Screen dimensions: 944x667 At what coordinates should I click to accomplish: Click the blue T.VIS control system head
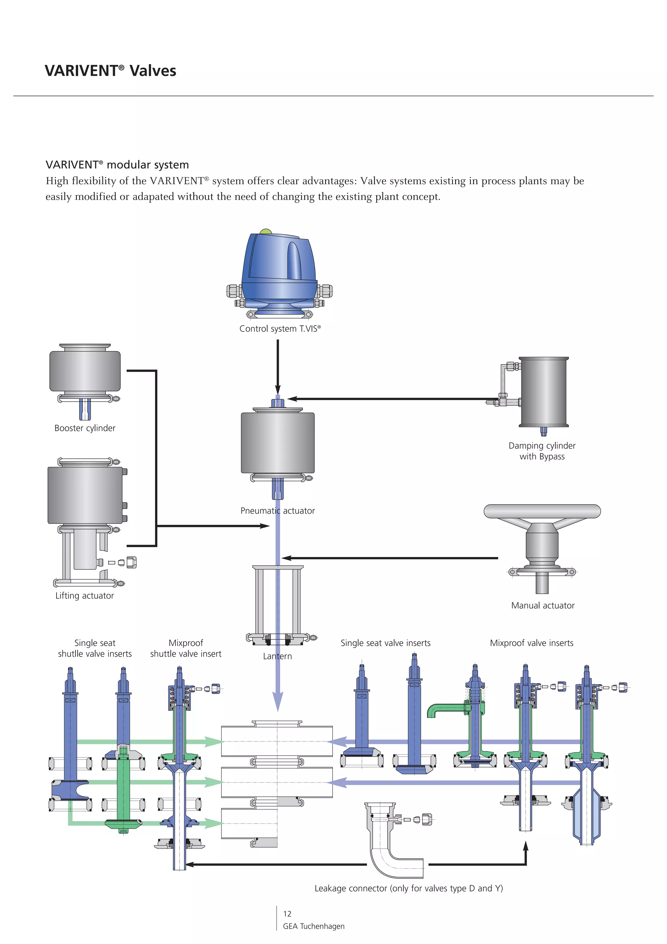tap(279, 267)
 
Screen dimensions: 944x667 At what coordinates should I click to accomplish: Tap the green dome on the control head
tap(265, 232)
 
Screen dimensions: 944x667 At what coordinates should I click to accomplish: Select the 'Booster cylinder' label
tap(85, 428)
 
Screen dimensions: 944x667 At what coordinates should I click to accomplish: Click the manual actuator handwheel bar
tap(542, 511)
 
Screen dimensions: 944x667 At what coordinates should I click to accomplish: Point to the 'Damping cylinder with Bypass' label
tap(542, 451)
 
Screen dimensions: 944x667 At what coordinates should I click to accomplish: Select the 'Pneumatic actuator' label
tap(277, 511)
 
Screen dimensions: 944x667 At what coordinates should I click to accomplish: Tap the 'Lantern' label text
tap(277, 656)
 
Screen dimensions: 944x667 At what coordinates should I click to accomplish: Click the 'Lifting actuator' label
tap(84, 596)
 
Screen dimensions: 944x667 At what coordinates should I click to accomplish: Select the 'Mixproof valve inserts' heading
tap(532, 643)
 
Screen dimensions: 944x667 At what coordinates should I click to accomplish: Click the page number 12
tap(287, 914)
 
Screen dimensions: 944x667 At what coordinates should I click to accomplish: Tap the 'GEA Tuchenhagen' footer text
tap(314, 926)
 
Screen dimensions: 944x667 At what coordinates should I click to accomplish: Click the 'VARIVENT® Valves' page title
tap(110, 71)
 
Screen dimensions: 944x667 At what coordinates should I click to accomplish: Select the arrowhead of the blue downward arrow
tap(278, 701)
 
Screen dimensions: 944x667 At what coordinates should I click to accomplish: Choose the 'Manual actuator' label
tap(543, 606)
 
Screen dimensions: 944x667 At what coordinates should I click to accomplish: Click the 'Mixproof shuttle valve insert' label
tap(185, 648)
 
